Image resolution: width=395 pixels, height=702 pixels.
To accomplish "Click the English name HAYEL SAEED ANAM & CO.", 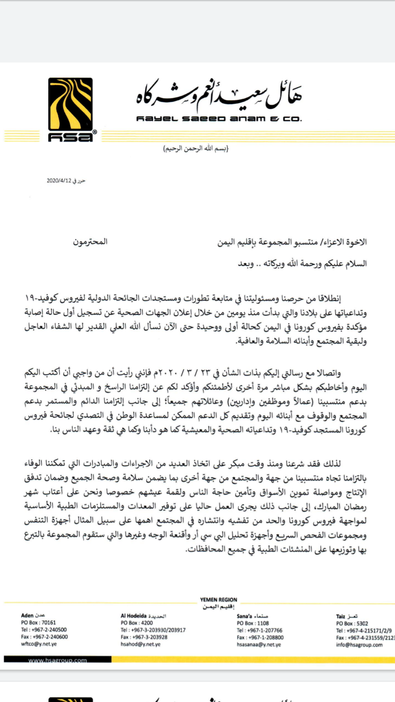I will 218,119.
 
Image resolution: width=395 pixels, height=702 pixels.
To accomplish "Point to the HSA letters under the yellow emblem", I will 70,138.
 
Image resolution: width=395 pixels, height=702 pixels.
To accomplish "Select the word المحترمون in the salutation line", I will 90,242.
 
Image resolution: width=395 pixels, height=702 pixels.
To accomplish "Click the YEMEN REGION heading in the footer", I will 219,599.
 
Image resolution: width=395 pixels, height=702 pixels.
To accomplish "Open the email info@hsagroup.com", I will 359,645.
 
